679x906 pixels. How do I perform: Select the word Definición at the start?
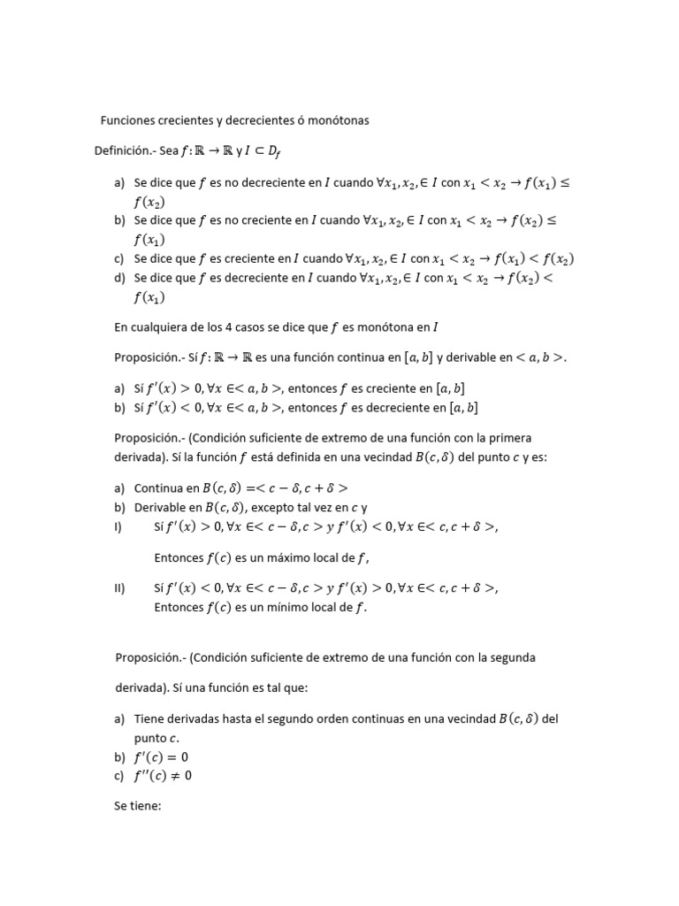tap(122, 151)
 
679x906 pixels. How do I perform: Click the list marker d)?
tap(120, 277)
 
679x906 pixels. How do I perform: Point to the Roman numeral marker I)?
tap(118, 526)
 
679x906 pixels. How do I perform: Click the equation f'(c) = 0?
tap(162, 757)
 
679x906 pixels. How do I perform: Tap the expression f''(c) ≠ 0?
tap(164, 776)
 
